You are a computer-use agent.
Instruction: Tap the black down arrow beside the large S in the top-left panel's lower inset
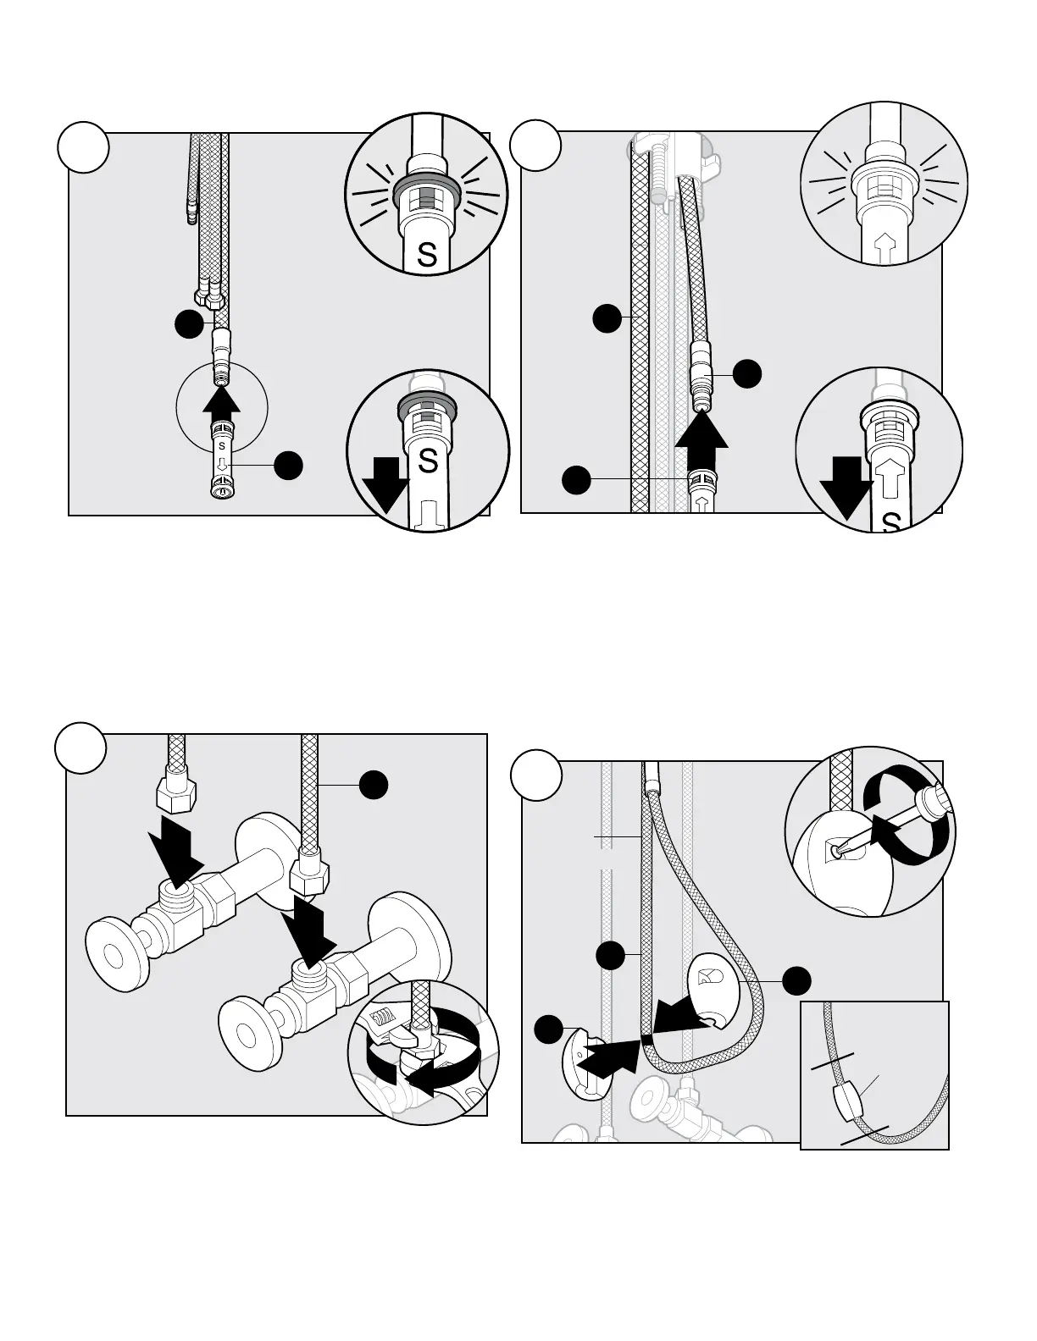click(385, 485)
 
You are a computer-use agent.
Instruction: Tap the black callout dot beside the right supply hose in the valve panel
click(374, 785)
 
